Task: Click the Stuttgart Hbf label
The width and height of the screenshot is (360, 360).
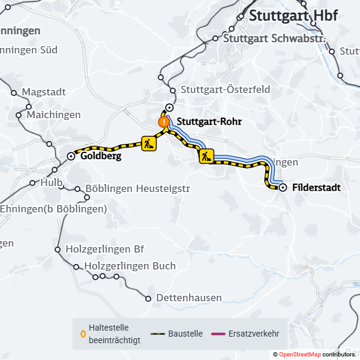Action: coord(293,16)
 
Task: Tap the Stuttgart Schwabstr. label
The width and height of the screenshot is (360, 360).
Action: coord(274,38)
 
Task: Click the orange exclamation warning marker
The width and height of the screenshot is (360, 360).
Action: coord(163,122)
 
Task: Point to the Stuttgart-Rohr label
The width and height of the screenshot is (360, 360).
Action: coord(209,121)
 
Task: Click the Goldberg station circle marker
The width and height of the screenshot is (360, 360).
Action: coord(71,156)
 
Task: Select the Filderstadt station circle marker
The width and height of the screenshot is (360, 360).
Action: coord(283,188)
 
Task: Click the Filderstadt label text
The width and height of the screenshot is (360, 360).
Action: coord(316,188)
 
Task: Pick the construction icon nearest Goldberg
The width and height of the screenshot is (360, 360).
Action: coord(149,143)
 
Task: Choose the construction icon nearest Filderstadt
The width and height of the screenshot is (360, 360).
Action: coord(206,157)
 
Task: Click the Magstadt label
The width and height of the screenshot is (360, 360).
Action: coord(43,92)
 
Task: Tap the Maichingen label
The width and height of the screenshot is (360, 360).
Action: coord(54,115)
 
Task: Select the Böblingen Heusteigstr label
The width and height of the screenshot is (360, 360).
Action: coord(138,189)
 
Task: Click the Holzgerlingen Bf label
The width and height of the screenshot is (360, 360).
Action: coord(106,248)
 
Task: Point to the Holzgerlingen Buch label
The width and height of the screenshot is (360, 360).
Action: coord(130,266)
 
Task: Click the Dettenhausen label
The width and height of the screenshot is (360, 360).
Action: coord(188,298)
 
